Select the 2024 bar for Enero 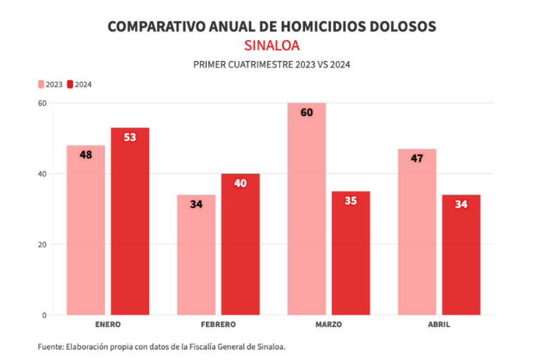point(130,221)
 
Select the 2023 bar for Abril point(417,232)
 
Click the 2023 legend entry point(51,84)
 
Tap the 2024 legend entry point(79,84)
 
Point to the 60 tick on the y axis point(42,103)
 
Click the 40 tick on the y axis point(42,174)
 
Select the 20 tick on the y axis point(42,245)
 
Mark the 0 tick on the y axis point(44,315)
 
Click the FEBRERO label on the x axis point(218,325)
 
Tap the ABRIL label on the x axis point(439,325)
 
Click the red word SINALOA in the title point(271,46)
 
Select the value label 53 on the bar point(130,137)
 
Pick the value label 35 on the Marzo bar point(351,200)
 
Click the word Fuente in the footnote point(50,347)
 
